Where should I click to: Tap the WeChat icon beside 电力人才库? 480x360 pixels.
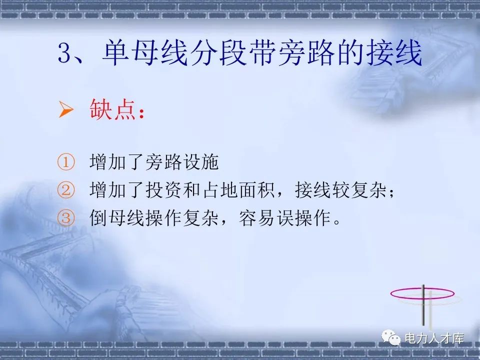point(392,339)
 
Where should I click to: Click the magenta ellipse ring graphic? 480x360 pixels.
point(422,293)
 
